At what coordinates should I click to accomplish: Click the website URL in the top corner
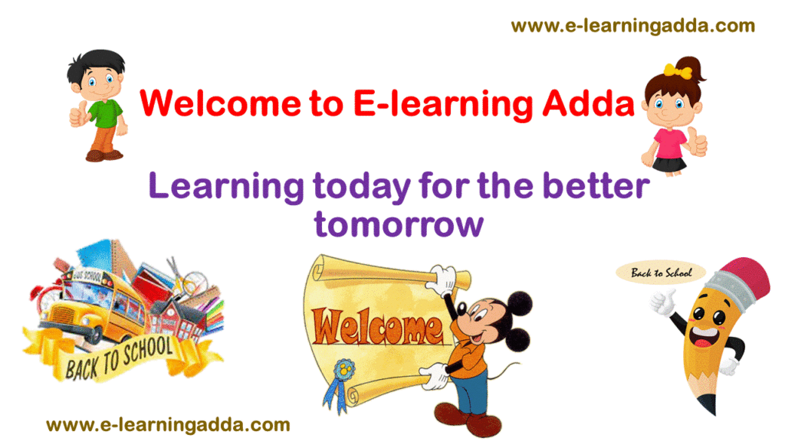[x=632, y=26]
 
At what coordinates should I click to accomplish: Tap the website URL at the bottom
[x=168, y=425]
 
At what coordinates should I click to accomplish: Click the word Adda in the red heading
[x=589, y=103]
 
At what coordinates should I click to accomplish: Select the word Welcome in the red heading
[x=220, y=103]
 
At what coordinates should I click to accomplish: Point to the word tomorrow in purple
[x=399, y=224]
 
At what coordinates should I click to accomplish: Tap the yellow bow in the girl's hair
[x=678, y=71]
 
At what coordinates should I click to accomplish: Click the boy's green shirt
[x=106, y=113]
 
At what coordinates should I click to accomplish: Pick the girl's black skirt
[x=668, y=164]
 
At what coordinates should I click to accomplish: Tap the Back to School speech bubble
[x=661, y=273]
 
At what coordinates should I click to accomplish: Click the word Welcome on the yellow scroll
[x=378, y=328]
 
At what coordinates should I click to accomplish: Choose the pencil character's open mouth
[x=703, y=338]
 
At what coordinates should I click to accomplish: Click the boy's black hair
[x=96, y=65]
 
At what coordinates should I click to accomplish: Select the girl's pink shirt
[x=668, y=143]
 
